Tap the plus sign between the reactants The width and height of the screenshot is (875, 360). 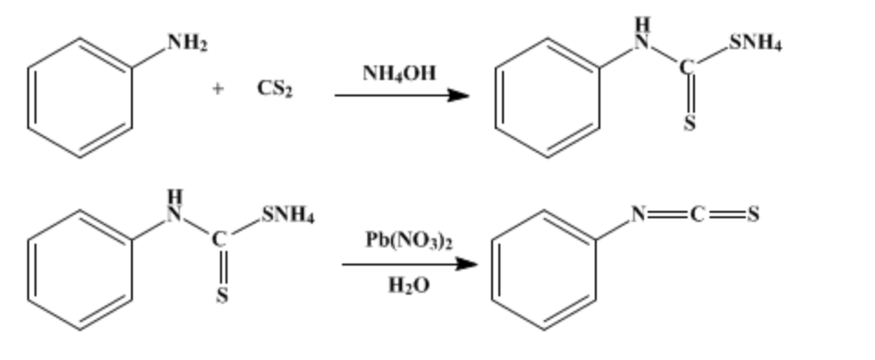(x=218, y=89)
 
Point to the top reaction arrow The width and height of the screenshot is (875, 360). (x=401, y=95)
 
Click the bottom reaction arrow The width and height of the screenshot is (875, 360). (x=408, y=265)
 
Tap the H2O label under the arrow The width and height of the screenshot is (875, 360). (x=408, y=285)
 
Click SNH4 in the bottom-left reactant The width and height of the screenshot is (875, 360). (x=287, y=216)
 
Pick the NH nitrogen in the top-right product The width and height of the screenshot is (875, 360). (x=641, y=40)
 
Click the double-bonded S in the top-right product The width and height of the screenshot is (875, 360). (x=689, y=125)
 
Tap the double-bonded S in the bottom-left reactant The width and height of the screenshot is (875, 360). (x=222, y=297)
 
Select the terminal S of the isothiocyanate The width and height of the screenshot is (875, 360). (x=753, y=215)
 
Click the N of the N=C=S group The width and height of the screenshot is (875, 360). (x=641, y=215)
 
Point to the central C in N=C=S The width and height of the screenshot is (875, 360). (x=697, y=215)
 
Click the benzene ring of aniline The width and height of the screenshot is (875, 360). (x=80, y=98)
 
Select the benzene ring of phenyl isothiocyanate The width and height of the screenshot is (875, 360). (x=544, y=269)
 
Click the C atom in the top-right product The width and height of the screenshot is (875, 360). (x=689, y=66)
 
